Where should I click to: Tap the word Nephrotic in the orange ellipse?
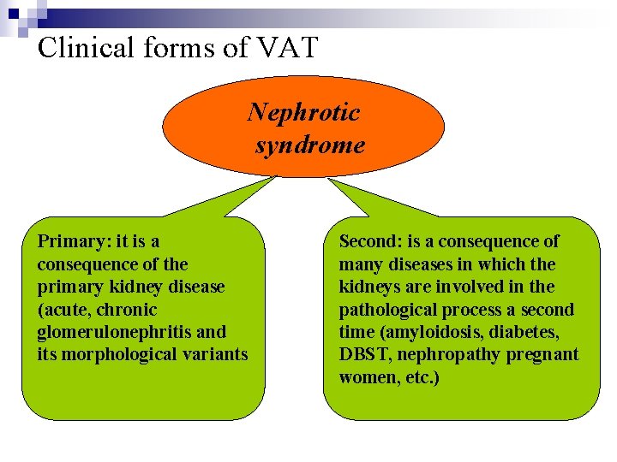(304, 112)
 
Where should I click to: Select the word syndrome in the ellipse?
(310, 145)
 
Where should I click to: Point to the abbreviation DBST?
(365, 354)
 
